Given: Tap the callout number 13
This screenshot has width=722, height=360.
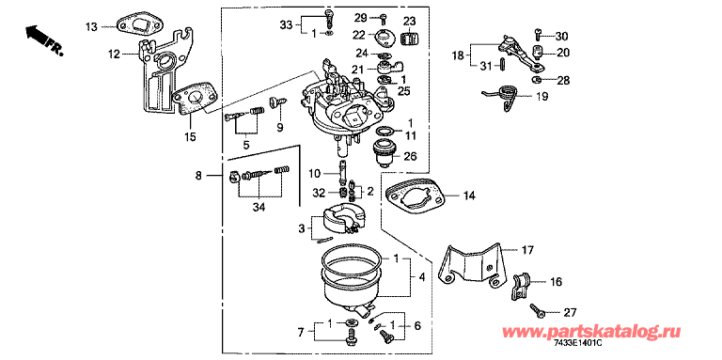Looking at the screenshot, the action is click(x=91, y=26).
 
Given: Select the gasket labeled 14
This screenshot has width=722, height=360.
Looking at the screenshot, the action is click(x=415, y=196).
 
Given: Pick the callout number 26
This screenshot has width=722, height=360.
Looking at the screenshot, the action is click(x=410, y=157).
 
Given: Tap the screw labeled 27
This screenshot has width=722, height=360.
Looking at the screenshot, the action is click(x=537, y=310).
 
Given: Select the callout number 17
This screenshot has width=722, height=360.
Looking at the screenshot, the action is click(x=527, y=250).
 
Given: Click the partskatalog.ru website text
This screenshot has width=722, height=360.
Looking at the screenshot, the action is click(x=591, y=332).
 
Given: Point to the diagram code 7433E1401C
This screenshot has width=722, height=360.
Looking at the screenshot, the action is click(x=578, y=344).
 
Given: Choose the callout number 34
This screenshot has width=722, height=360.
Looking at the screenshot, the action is click(x=259, y=209).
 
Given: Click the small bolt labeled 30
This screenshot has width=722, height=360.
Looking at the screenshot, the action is click(x=538, y=33).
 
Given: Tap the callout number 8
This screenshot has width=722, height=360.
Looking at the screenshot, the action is click(x=198, y=176).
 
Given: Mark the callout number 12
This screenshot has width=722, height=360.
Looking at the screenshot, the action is click(x=114, y=55).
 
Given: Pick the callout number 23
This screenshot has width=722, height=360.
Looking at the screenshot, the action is click(x=409, y=21).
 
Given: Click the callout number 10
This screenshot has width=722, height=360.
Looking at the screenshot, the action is click(x=314, y=174).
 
